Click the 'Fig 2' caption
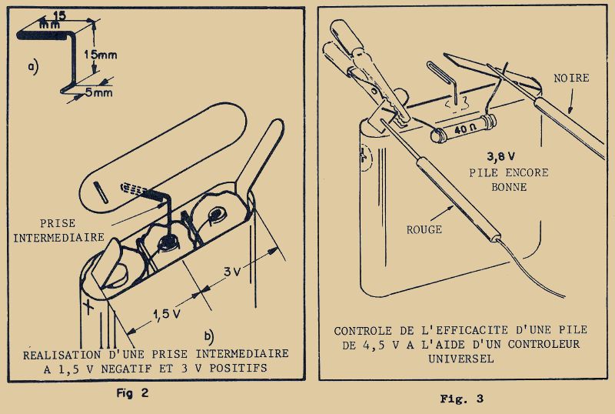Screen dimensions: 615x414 pos(132,392)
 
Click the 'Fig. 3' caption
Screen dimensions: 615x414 pos(462,399)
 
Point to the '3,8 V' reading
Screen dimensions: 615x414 pos(501,157)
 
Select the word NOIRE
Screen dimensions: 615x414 pos(571,78)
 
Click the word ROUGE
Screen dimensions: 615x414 pos(424,229)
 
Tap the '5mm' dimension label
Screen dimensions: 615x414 pos(99,92)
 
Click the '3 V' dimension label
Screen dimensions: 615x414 pos(232,271)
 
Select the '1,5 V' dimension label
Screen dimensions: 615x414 pos(167,314)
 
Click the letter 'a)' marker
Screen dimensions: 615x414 pos(33,66)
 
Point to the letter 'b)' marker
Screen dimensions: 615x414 pos(208,336)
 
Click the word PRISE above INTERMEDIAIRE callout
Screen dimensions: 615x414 pos(58,223)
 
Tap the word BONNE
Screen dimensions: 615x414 pos(509,187)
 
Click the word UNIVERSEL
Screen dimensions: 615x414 pos(460,359)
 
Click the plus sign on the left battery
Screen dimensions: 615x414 pos(88,306)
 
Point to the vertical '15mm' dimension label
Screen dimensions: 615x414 pos(101,55)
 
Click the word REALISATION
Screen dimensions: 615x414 pos(61,355)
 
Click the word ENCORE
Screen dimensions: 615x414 pos(527,172)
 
